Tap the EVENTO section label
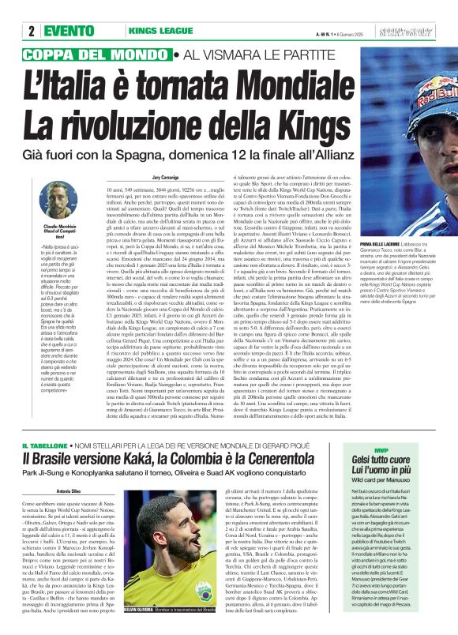(75, 31)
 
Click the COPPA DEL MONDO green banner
(98, 54)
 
